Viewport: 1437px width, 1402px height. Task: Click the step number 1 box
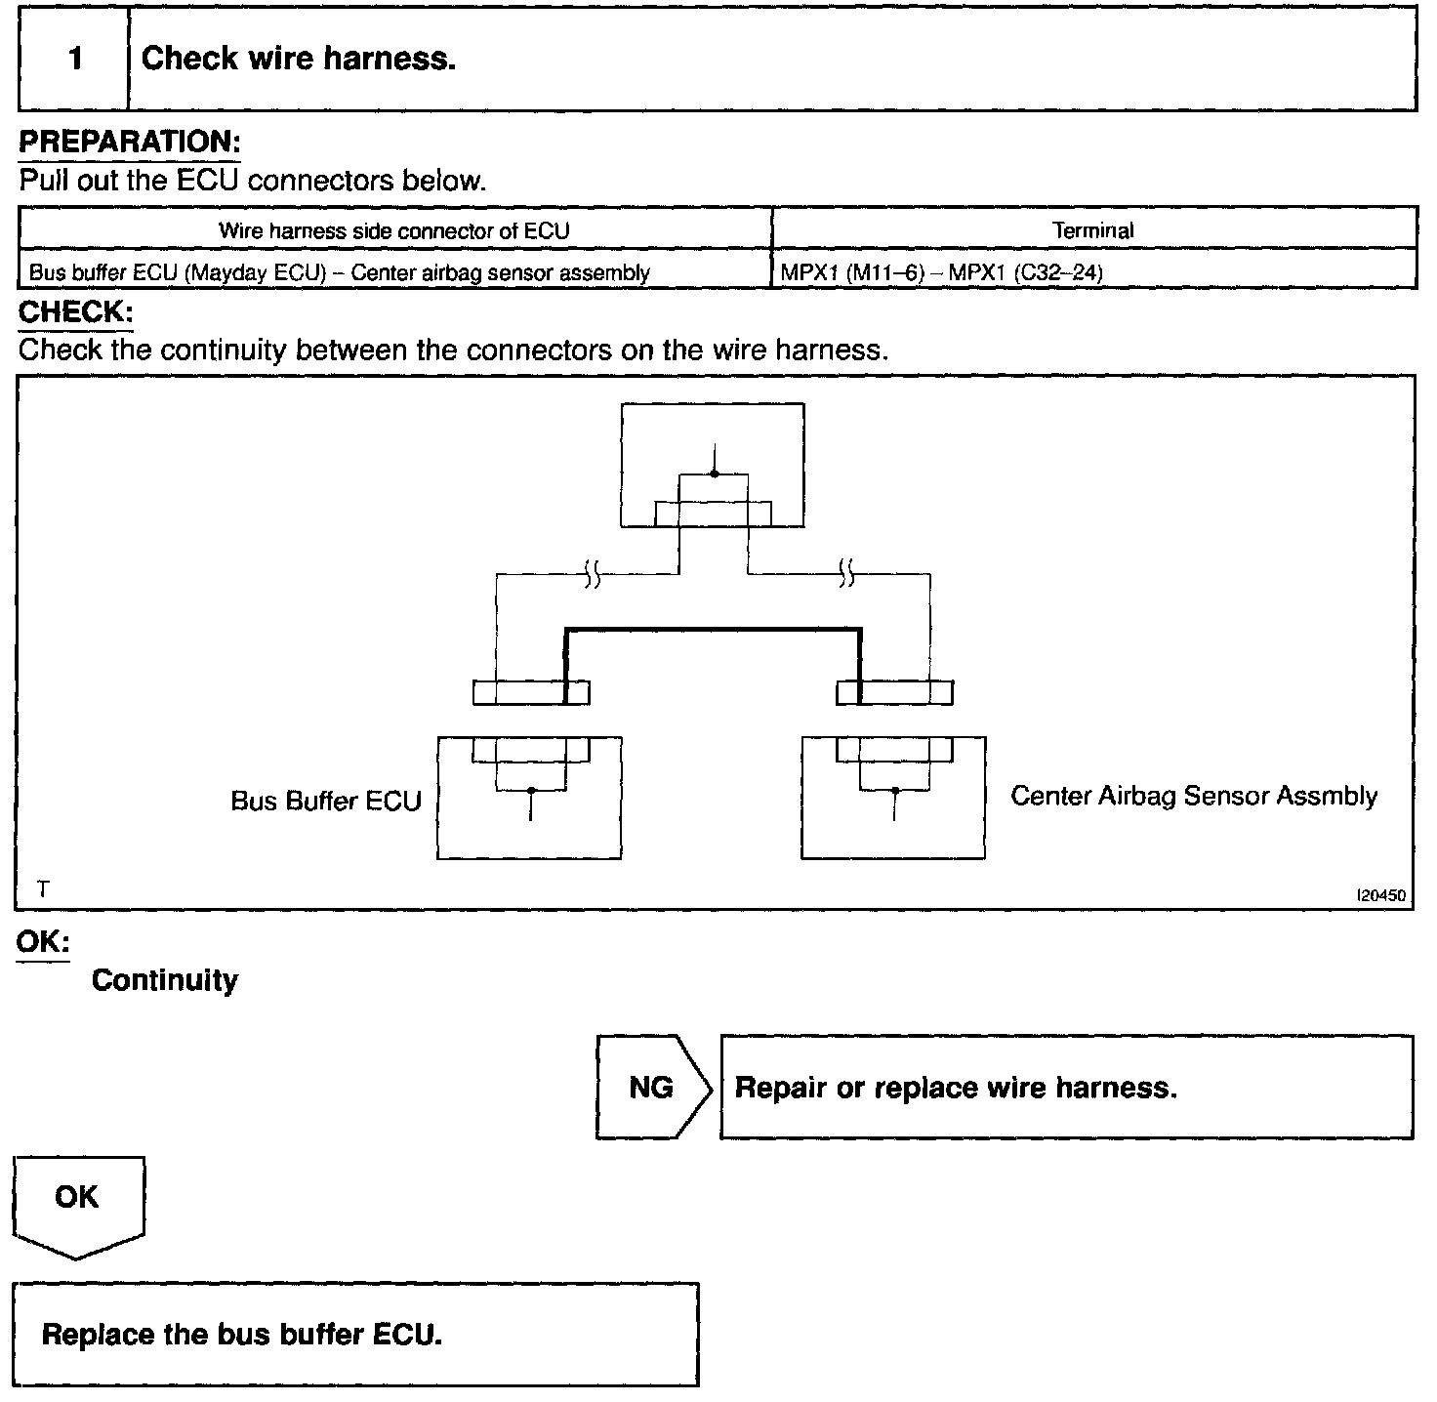click(x=74, y=59)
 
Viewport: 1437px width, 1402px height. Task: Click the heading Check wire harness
click(x=299, y=59)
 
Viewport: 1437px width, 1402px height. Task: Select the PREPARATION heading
click(x=129, y=142)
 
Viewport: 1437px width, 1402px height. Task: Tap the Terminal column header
click(x=1092, y=230)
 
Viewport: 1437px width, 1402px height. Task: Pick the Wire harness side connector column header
click(x=393, y=230)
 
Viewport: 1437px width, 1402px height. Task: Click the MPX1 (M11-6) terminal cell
click(x=941, y=272)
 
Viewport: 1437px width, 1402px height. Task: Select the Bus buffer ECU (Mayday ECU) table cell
click(x=339, y=272)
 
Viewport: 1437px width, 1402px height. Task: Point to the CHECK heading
click(x=75, y=313)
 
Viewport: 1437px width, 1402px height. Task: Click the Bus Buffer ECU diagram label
click(x=325, y=801)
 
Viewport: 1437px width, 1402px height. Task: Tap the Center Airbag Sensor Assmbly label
click(x=1193, y=796)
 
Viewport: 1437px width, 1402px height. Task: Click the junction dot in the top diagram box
click(x=715, y=474)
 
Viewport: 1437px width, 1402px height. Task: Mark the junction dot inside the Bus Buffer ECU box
click(x=530, y=790)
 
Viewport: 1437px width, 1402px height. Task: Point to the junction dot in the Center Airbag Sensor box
click(x=894, y=790)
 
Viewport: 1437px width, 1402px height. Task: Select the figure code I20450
click(x=1381, y=895)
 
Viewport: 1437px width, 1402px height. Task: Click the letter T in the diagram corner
click(x=43, y=889)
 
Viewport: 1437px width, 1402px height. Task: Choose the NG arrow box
click(x=652, y=1087)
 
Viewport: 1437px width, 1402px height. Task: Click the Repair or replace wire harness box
click(x=1066, y=1087)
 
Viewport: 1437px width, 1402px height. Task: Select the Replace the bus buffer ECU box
click(x=355, y=1334)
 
